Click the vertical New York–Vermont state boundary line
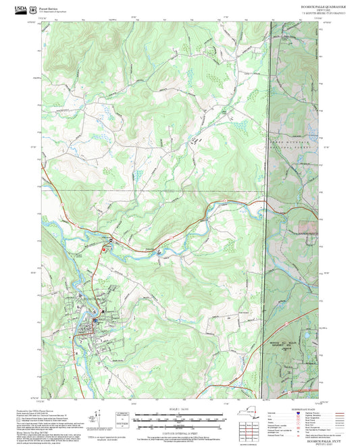point(269,203)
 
